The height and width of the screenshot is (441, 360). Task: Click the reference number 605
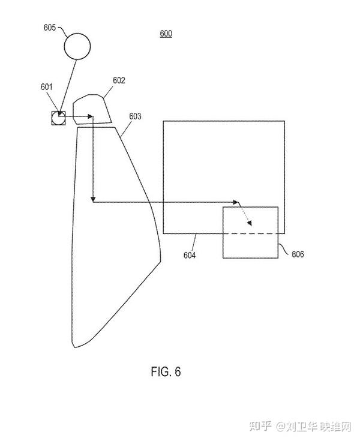click(49, 28)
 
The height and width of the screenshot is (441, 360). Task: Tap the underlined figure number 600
click(166, 34)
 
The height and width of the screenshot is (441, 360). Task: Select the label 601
click(47, 86)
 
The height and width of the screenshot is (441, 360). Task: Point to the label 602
click(119, 80)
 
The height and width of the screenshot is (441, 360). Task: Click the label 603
click(135, 116)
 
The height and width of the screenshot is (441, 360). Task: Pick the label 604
click(189, 255)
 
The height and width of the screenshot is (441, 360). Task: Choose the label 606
click(298, 254)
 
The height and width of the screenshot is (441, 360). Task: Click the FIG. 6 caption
click(166, 372)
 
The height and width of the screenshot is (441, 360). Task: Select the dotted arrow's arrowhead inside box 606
click(250, 223)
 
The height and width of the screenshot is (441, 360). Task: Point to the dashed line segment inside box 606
click(251, 234)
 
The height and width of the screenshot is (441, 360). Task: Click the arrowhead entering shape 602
click(90, 116)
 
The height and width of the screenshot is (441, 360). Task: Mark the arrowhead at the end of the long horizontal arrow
click(236, 202)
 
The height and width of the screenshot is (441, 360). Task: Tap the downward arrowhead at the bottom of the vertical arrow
click(93, 199)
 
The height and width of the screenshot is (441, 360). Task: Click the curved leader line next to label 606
click(283, 249)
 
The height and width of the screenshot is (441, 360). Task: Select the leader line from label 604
click(194, 242)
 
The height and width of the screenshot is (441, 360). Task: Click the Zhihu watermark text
click(300, 427)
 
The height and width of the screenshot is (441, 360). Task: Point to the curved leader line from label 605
click(62, 31)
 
